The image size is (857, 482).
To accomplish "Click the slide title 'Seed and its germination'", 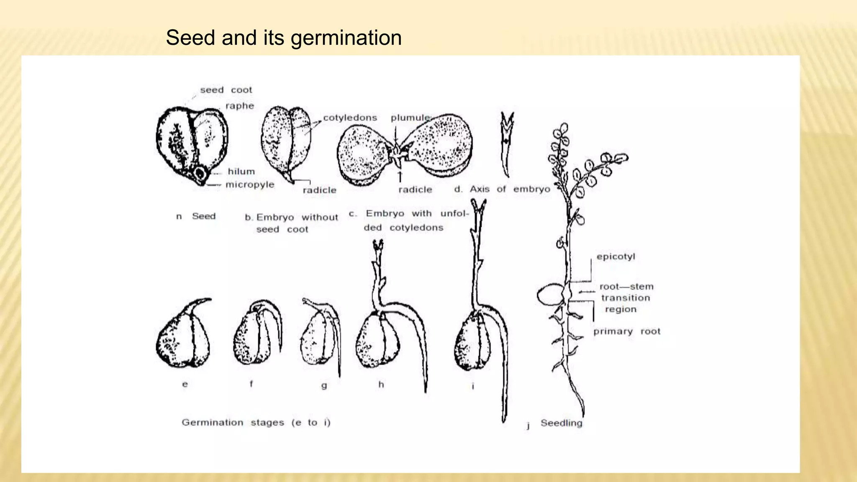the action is coord(284,38).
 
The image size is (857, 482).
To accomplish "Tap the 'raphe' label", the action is coord(240,106).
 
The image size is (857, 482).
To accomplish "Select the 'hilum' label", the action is coord(241,172).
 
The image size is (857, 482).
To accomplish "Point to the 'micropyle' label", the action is coord(250,185).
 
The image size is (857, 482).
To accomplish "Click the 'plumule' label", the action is coord(410,118).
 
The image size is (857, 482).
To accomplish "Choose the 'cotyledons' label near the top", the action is coord(350,118).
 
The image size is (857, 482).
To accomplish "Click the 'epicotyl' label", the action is coord(616,256).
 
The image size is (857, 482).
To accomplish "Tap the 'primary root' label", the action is coord(627,331).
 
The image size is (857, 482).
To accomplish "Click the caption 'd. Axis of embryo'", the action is coord(502,189).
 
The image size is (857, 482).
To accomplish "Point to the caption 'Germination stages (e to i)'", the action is coord(256,423).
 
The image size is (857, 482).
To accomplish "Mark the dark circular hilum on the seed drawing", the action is coord(200,172).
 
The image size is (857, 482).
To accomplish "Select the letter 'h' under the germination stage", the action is coord(381,385).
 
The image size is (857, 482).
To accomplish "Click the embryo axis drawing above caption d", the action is coord(507,144).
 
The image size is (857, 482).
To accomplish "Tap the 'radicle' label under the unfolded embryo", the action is coord(415,190).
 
